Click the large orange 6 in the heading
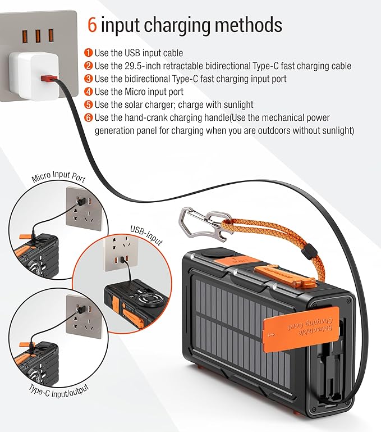point(92,25)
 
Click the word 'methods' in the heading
point(249,25)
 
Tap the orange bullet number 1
point(88,53)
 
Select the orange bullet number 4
point(88,92)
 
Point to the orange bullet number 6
point(88,117)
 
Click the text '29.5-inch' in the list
point(143,66)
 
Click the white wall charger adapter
point(34,76)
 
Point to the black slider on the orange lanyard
point(310,250)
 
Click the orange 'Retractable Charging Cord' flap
point(301,329)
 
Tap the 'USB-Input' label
point(146,235)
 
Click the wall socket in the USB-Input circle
point(121,253)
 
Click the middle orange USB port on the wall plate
point(38,36)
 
